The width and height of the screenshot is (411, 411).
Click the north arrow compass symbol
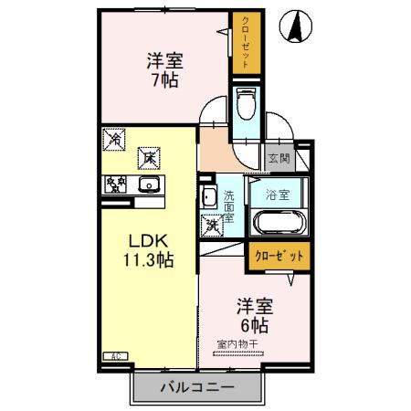click(x=297, y=26)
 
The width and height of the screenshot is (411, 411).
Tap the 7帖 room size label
click(x=165, y=79)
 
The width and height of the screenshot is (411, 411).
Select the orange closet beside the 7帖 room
click(x=244, y=43)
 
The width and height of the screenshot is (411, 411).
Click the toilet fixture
click(x=246, y=107)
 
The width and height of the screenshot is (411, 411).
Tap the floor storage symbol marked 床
click(x=146, y=158)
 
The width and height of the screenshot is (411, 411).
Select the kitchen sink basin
click(x=149, y=184)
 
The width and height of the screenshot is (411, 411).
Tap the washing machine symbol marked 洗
click(x=211, y=223)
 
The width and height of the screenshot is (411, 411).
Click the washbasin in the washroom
click(x=208, y=196)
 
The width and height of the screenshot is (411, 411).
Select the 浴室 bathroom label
click(x=277, y=195)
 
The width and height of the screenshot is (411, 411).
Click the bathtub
click(x=278, y=222)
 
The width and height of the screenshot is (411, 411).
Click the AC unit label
click(x=116, y=355)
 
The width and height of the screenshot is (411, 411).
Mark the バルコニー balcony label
click(x=197, y=386)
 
